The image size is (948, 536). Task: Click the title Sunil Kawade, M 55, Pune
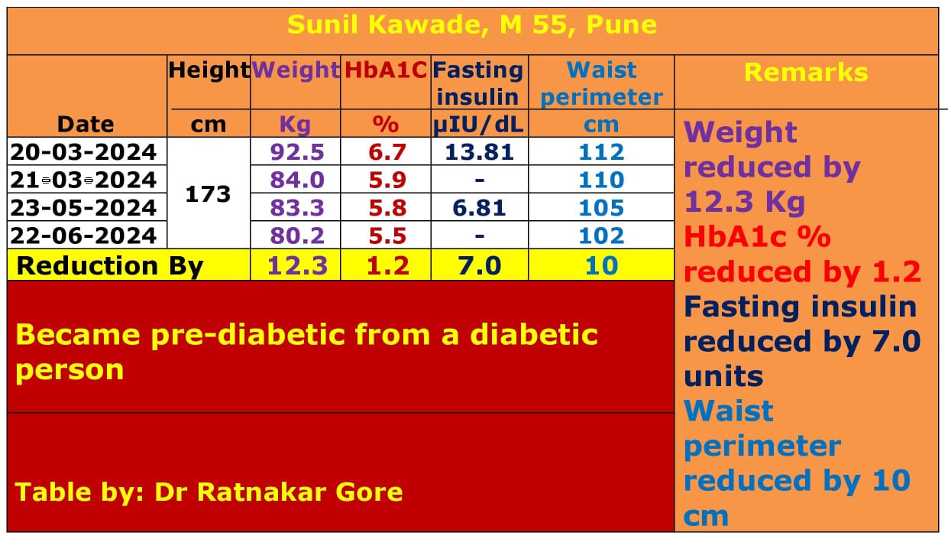pos(471,24)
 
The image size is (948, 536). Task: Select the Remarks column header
pos(806,73)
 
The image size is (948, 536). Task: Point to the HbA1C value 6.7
pos(387,151)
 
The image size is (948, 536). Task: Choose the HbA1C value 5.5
pos(387,235)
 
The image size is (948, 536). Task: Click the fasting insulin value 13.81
pos(480,151)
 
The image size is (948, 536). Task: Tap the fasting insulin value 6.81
pos(480,207)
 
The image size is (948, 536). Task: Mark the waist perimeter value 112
pos(601,151)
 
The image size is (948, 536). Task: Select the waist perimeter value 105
pos(601,207)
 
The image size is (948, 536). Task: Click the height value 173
pos(208,193)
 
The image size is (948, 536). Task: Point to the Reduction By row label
pos(110,266)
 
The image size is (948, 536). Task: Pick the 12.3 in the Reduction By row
pos(297,266)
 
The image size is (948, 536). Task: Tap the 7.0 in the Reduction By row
pos(479,266)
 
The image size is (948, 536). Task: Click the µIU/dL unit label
pos(479,124)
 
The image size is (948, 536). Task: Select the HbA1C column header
pos(386,70)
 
